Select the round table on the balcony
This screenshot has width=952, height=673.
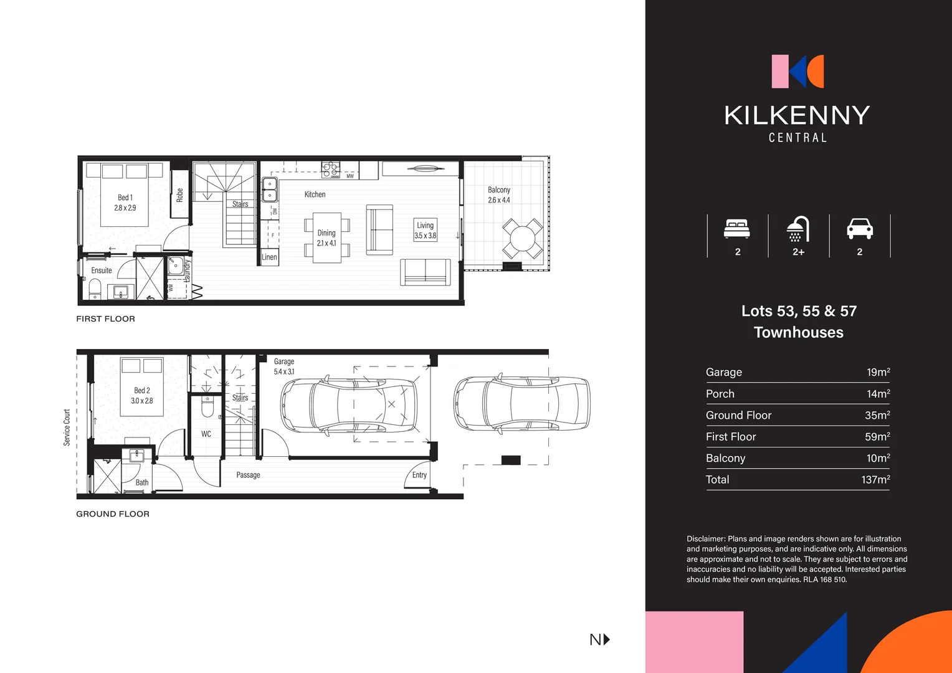(522, 238)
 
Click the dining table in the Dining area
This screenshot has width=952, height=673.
(326, 238)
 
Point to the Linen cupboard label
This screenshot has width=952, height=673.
(269, 257)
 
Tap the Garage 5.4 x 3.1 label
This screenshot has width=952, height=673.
(284, 366)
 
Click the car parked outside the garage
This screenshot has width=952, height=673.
(521, 403)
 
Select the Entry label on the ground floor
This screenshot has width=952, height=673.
(419, 475)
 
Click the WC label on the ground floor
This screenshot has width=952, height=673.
(206, 434)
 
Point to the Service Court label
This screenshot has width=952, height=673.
(67, 427)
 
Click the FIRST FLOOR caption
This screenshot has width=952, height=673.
(105, 318)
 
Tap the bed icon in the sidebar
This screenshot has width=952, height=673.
(737, 229)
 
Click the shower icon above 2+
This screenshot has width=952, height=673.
(797, 229)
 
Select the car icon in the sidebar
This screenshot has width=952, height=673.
(859, 229)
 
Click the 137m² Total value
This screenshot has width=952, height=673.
(875, 479)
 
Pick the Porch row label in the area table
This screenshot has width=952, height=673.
(720, 394)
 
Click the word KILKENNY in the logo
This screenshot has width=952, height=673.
(797, 115)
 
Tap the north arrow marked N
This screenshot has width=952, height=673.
(599, 639)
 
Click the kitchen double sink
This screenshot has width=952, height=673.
(270, 189)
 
